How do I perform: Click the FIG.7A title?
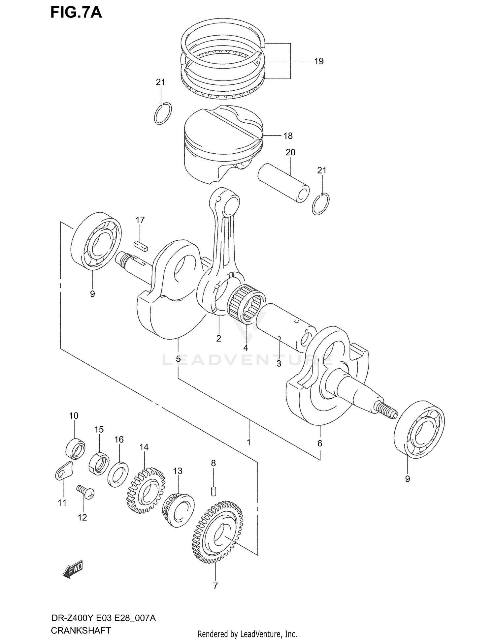(76, 13)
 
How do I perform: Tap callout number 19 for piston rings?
(318, 61)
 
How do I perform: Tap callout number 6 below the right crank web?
(319, 443)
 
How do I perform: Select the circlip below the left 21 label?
(163, 114)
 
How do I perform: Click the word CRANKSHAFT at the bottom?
(81, 630)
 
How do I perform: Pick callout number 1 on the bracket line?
(248, 442)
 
